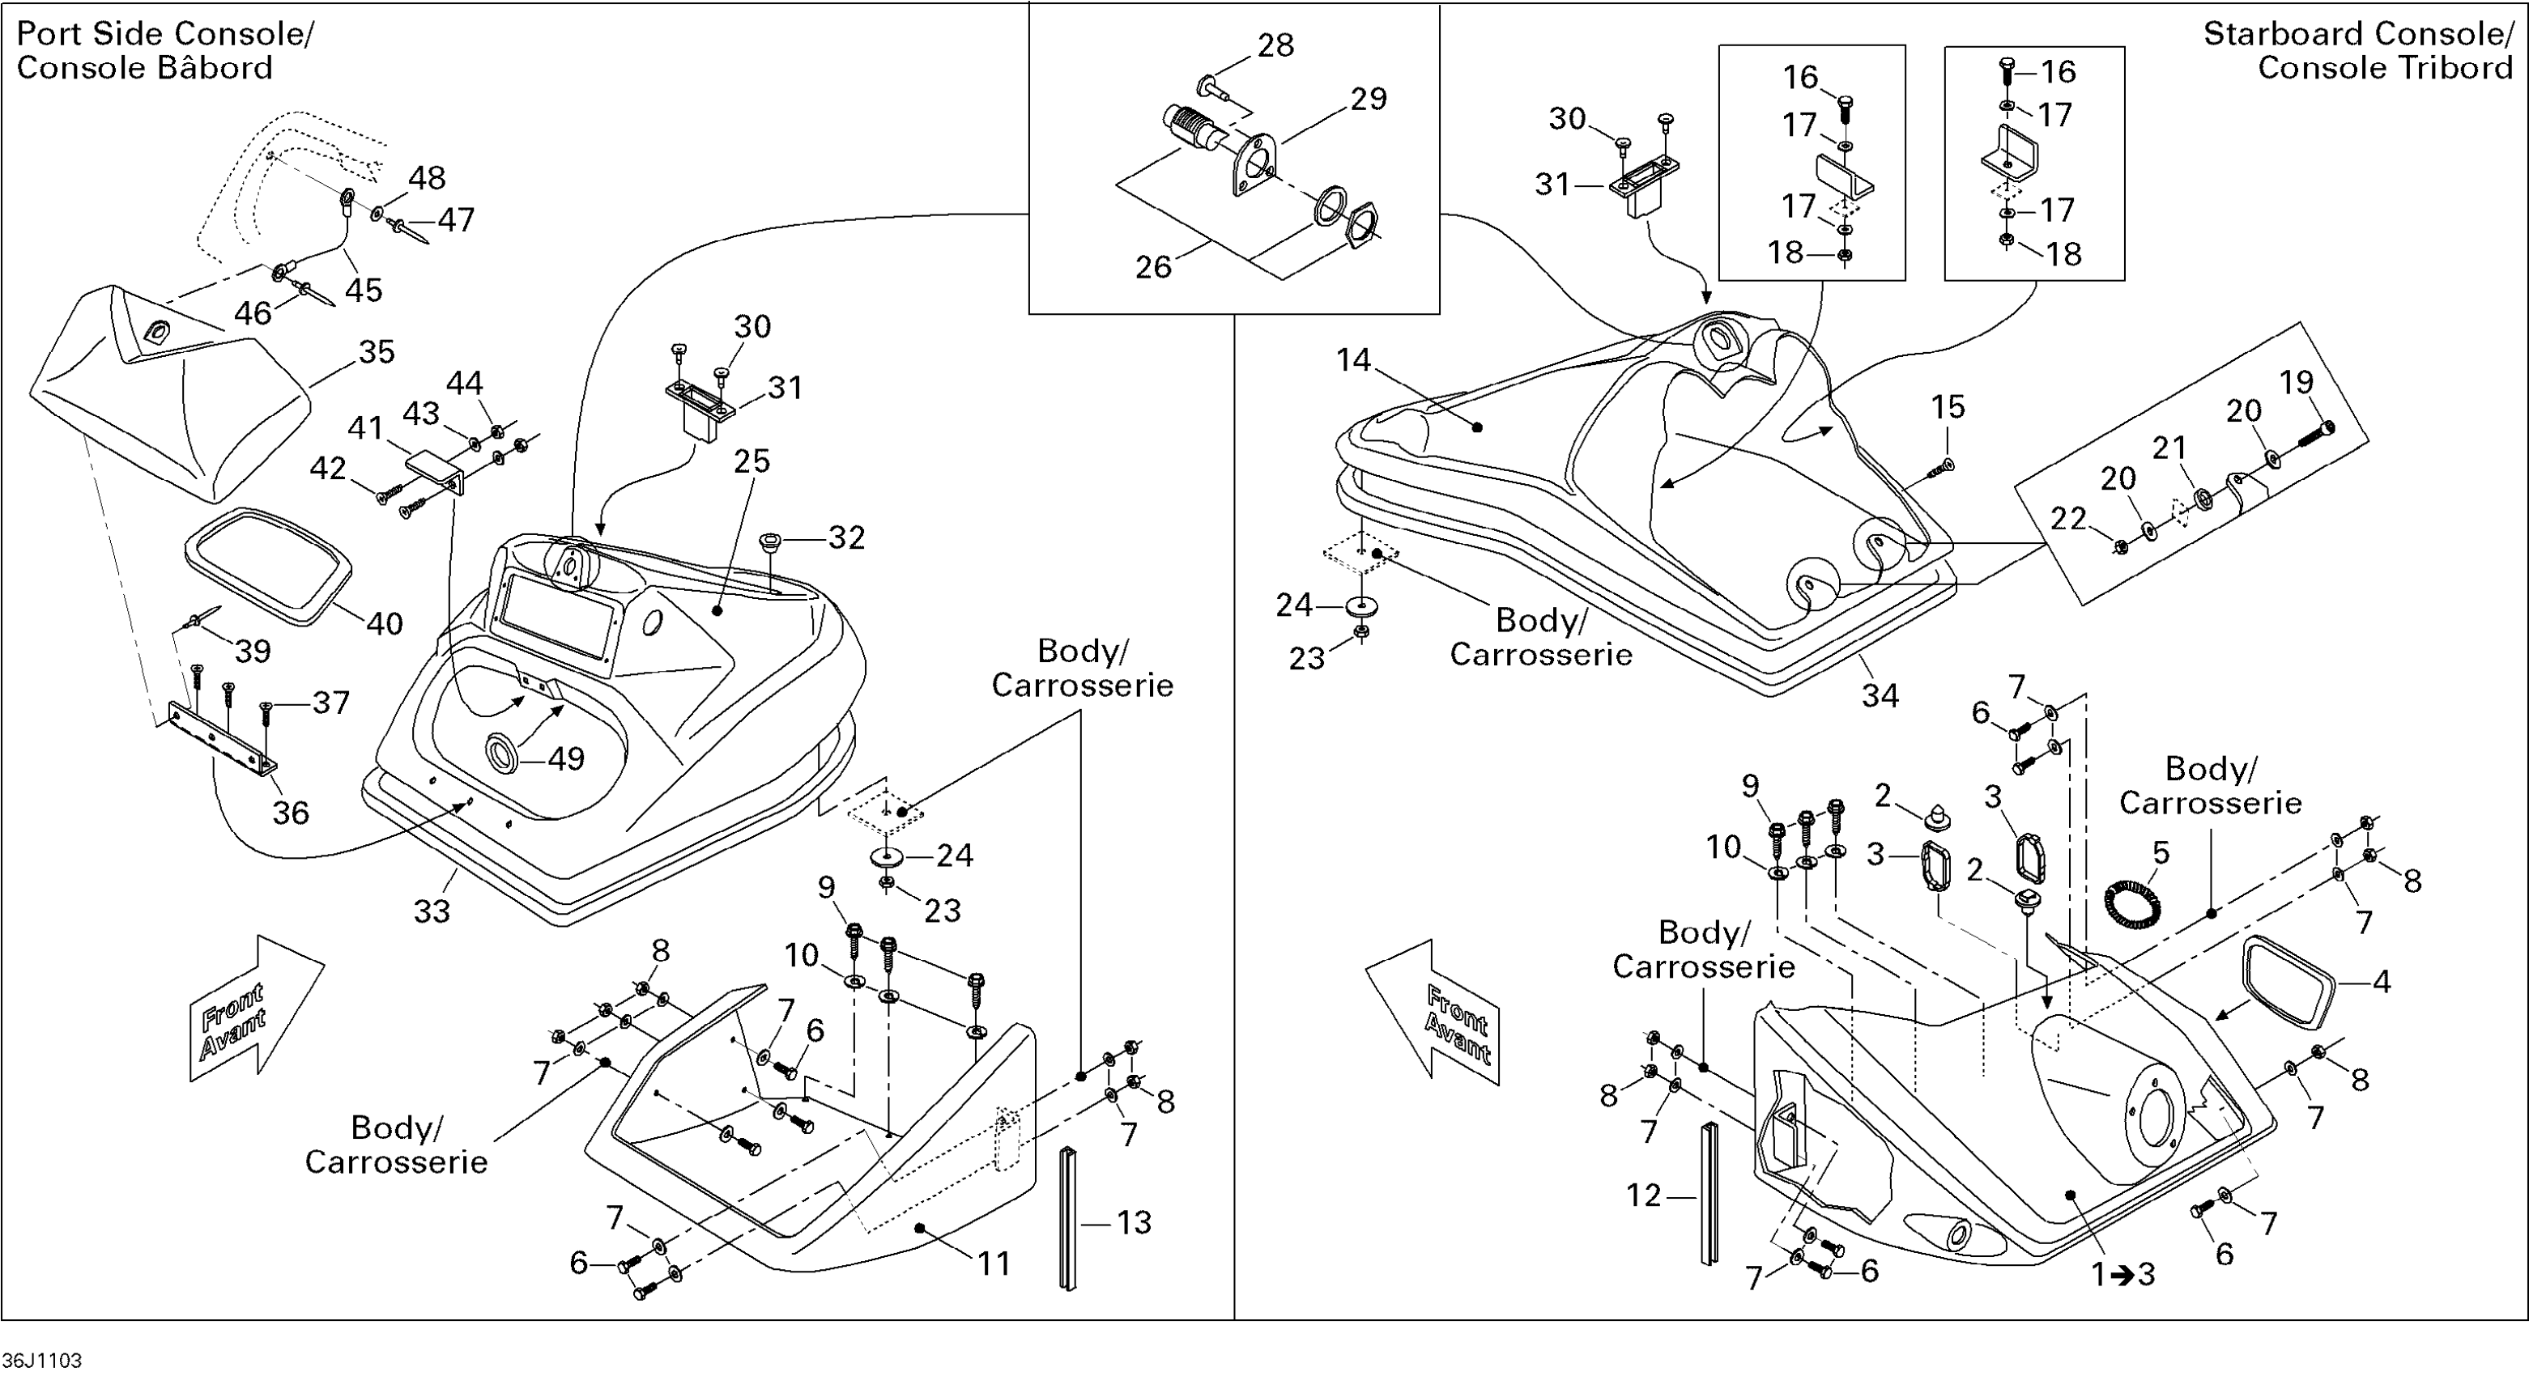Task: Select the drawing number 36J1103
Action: (x=42, y=1361)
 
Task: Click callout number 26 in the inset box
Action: (x=1154, y=267)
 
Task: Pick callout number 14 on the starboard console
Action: (x=1353, y=360)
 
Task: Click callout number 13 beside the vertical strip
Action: (x=1134, y=1222)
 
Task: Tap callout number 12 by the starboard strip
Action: (x=1643, y=1195)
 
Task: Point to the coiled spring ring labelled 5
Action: (x=2132, y=902)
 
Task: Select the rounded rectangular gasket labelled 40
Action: (x=268, y=564)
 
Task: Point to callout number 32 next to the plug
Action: (x=846, y=537)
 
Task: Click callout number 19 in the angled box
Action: (x=2297, y=382)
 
